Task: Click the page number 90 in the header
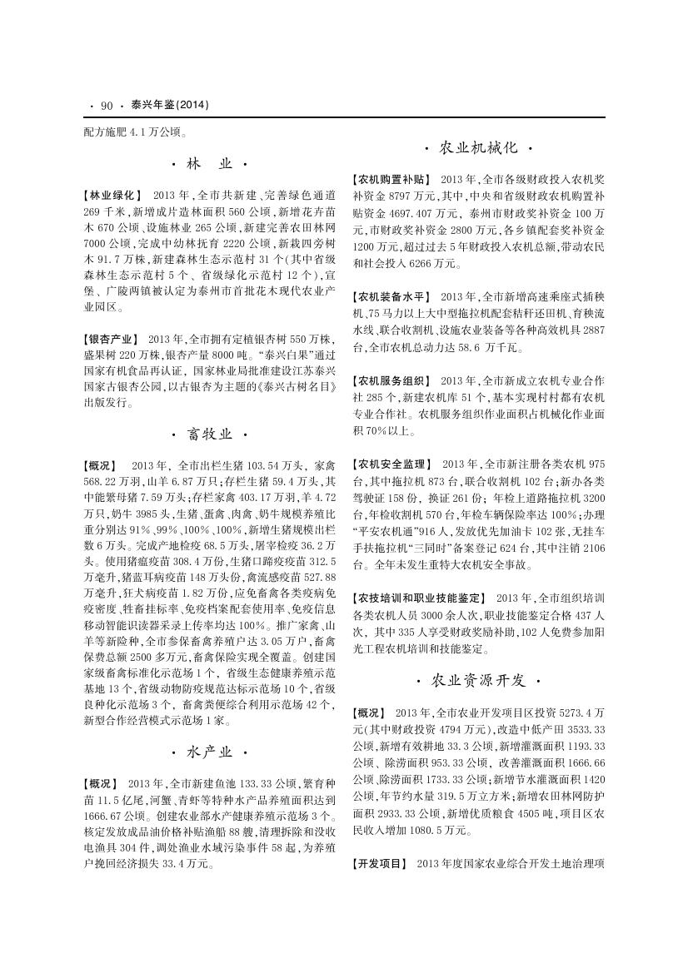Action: (106, 106)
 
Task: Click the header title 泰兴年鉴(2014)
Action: (169, 106)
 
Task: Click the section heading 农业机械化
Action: (478, 147)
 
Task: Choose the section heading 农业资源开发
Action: (478, 681)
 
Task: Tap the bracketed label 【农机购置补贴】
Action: (391, 178)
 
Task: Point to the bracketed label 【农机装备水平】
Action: (391, 295)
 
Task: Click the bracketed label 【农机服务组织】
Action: (391, 380)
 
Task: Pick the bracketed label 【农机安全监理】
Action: (391, 463)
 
